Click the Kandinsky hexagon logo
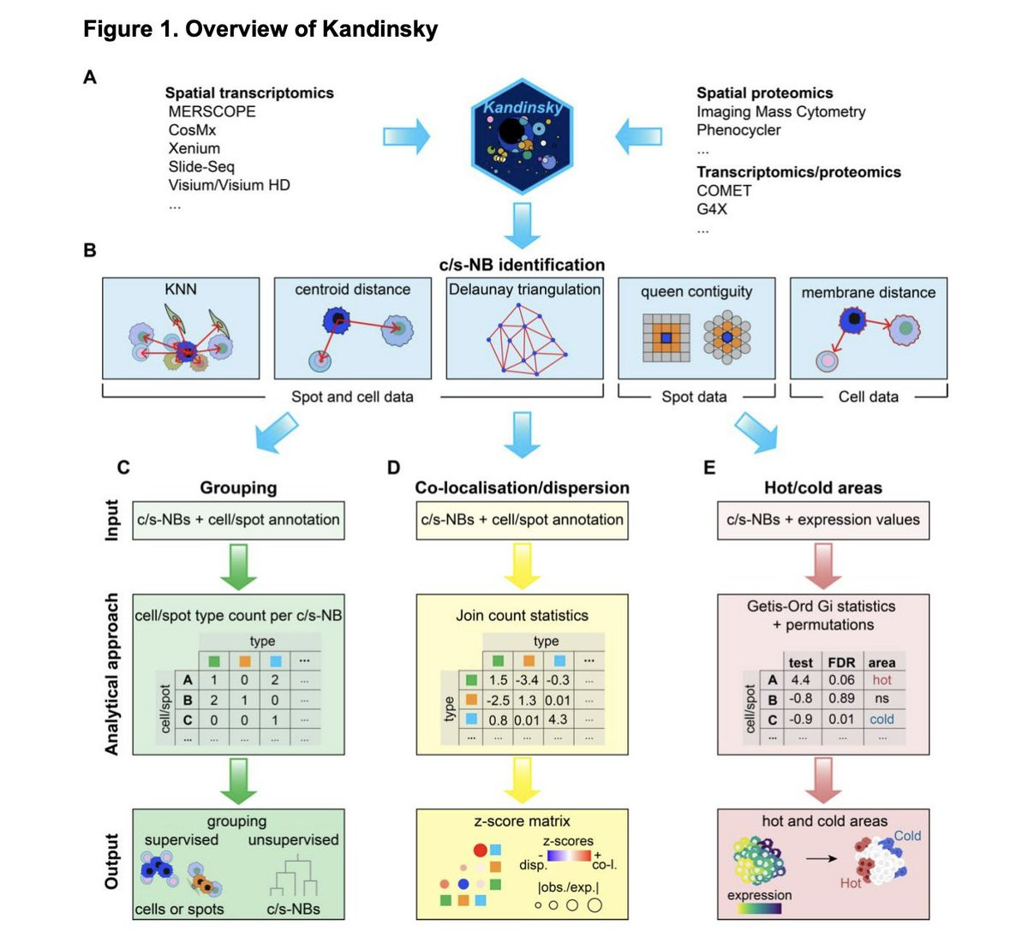(x=522, y=137)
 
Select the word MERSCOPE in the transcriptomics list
(x=212, y=111)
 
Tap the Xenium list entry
(x=194, y=148)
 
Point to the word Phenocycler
(x=738, y=130)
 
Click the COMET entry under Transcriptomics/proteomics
(x=724, y=190)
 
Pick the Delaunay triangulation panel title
(x=524, y=289)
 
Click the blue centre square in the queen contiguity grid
(x=666, y=337)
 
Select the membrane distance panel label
(x=868, y=293)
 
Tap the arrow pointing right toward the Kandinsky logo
(x=406, y=137)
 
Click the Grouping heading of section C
(x=238, y=487)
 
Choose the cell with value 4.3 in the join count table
(x=558, y=719)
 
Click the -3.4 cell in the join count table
(x=527, y=680)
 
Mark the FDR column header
(x=841, y=663)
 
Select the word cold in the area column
(x=882, y=719)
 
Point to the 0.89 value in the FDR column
(x=841, y=698)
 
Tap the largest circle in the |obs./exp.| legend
(x=595, y=905)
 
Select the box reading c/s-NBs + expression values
(x=823, y=520)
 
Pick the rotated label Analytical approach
(x=112, y=674)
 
